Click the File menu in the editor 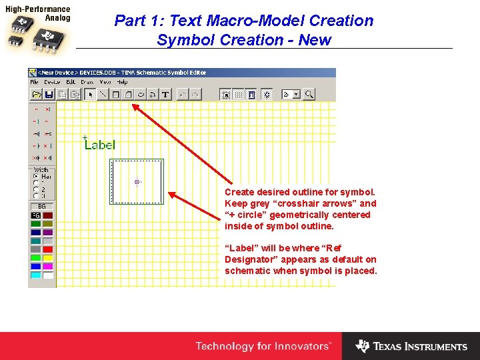pos(34,82)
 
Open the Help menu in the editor pos(122,82)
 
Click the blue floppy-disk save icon pos(49,95)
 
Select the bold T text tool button pos(165,95)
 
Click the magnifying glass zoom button pos(309,95)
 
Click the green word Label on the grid pos(100,145)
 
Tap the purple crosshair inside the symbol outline pos(137,181)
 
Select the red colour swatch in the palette pos(48,249)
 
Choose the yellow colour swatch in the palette pos(48,258)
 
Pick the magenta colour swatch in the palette pos(48,267)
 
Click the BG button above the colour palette pos(41,207)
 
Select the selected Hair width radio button pos(35,177)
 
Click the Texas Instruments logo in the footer pos(411,346)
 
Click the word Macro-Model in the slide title pos(253,21)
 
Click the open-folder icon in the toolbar pos(37,95)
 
